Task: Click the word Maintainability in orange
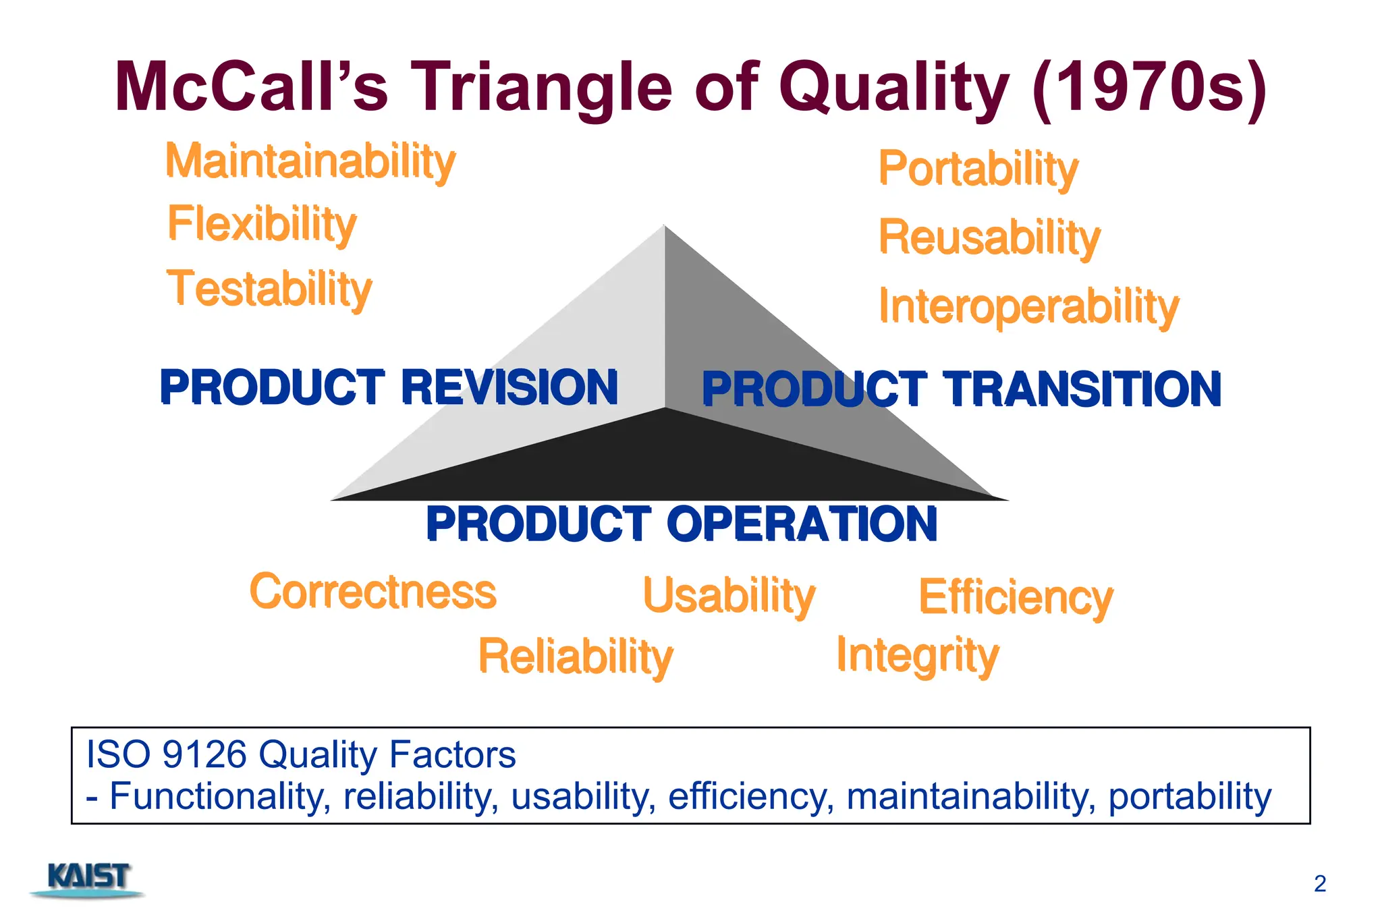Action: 310,162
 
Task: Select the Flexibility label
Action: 262,225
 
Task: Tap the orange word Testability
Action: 269,289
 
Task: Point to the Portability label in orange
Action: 978,169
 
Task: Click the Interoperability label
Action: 1028,307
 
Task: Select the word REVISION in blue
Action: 509,387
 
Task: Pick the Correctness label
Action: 372,592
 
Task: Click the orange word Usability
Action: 729,596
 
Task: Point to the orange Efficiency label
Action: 1016,598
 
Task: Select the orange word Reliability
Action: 576,657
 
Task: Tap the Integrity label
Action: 917,655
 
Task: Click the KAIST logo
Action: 88,879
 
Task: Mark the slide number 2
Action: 1320,883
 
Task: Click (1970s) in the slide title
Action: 1149,88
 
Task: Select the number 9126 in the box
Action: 204,754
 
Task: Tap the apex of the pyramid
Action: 664,227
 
